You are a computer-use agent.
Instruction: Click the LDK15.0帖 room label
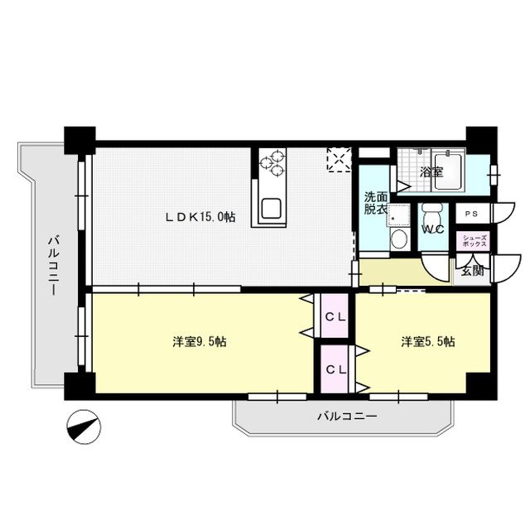point(200,217)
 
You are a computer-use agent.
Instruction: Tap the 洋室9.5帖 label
point(200,342)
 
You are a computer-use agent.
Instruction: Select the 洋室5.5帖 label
point(428,342)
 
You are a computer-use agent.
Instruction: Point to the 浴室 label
point(431,172)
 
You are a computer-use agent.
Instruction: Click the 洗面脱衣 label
point(375,203)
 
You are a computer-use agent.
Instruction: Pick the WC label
point(433,229)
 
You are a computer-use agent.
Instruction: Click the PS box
point(472,214)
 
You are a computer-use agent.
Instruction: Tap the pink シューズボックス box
point(472,241)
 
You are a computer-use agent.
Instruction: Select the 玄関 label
point(473,271)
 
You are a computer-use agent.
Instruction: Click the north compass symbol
point(84,427)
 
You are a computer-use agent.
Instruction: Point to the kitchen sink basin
point(271,209)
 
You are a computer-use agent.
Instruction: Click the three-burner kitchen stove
point(272,163)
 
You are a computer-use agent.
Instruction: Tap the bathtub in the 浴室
point(449,171)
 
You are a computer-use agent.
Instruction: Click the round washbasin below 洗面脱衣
point(399,238)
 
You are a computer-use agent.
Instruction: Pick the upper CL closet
point(335,316)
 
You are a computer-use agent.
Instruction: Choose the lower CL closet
point(335,369)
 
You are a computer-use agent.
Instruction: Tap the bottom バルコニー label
point(347,416)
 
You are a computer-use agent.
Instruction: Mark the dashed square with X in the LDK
point(339,160)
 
